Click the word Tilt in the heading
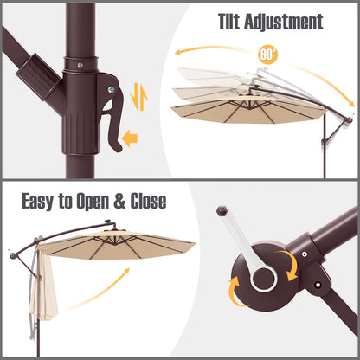[228, 22]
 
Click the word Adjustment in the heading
[284, 22]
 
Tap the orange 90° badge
[268, 55]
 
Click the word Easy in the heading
[39, 201]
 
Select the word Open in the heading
[93, 201]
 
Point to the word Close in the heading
[148, 201]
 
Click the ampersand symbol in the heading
[119, 201]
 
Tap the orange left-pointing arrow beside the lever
[130, 138]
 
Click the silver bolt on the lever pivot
[111, 90]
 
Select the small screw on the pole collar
[80, 66]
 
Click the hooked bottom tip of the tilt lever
[118, 148]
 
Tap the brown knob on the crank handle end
[222, 210]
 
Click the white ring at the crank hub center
[264, 280]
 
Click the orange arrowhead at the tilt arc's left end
[178, 52]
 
